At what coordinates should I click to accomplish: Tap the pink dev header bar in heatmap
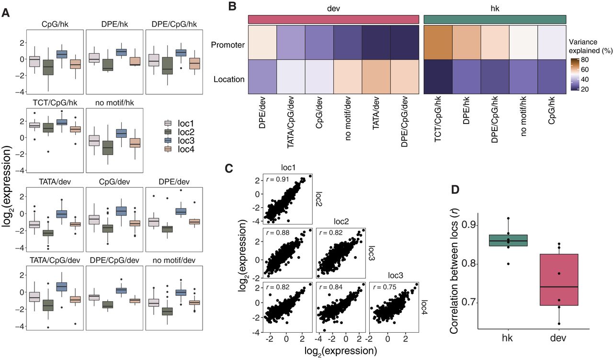333,19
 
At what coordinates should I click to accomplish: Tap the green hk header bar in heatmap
495,19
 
